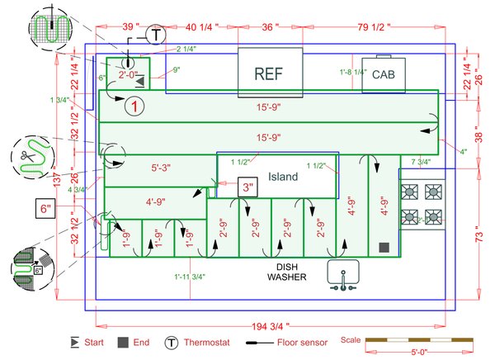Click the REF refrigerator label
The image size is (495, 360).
[x=268, y=73]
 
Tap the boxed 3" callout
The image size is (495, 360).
[x=247, y=186]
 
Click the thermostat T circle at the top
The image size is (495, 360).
[x=156, y=34]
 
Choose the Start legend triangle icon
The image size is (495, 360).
[x=75, y=341]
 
